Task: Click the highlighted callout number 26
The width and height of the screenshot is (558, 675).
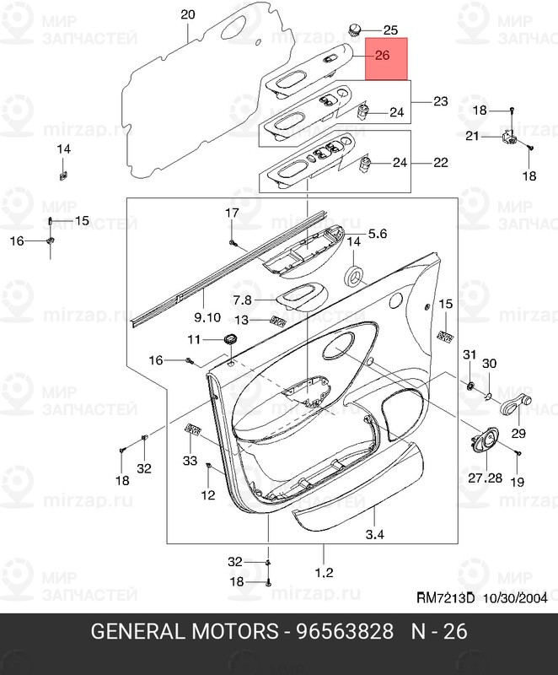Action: click(x=382, y=57)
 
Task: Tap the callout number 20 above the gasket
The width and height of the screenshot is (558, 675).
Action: click(x=187, y=14)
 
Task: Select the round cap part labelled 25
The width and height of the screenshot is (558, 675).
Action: click(x=354, y=31)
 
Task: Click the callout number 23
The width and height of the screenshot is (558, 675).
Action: click(x=440, y=101)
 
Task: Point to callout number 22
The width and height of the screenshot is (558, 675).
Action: click(x=440, y=162)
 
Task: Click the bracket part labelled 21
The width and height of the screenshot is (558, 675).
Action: click(x=509, y=137)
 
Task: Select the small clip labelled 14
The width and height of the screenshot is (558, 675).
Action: click(x=64, y=175)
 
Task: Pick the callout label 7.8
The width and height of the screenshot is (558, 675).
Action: click(x=243, y=300)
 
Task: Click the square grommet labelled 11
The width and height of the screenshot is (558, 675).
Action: click(x=229, y=339)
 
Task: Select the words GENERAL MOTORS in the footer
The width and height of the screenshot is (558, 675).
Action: click(x=185, y=631)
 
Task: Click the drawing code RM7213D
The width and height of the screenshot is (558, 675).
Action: click(x=446, y=598)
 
